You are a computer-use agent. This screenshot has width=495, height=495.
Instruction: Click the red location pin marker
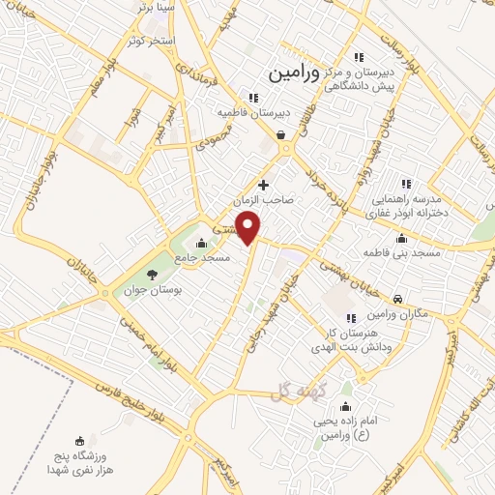coord(249,228)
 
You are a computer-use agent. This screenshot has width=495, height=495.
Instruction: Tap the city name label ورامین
coord(292,71)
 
